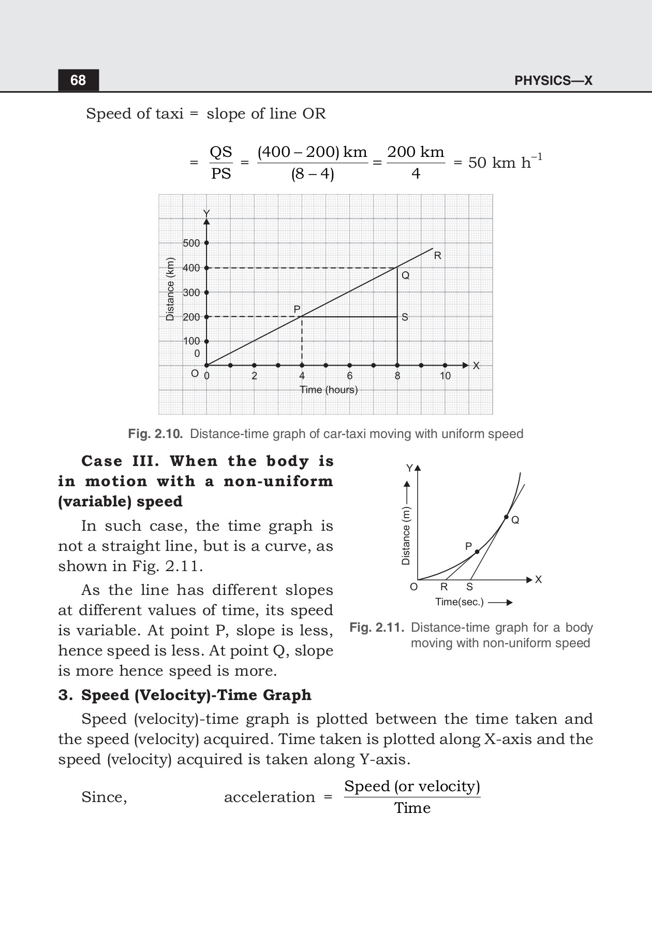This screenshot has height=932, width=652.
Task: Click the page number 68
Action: click(x=78, y=80)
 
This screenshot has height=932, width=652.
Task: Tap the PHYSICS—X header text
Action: click(x=553, y=81)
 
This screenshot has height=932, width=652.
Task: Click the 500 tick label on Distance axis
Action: click(x=191, y=243)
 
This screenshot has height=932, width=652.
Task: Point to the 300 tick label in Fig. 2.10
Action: click(x=191, y=293)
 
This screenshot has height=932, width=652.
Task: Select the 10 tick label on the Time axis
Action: click(x=445, y=376)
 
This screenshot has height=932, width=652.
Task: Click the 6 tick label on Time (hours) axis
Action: click(x=350, y=376)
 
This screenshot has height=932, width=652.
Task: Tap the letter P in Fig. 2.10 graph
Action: click(x=297, y=309)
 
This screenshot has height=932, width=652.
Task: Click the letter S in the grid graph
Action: click(x=405, y=317)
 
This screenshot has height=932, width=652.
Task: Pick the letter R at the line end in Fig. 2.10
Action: click(x=437, y=256)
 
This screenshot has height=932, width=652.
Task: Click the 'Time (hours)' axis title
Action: click(x=329, y=390)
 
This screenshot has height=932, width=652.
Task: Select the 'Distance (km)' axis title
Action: click(x=169, y=289)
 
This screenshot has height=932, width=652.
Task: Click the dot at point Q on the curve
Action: click(x=506, y=517)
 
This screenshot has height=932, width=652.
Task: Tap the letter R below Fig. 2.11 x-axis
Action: click(x=443, y=587)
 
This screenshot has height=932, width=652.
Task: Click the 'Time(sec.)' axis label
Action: click(x=459, y=602)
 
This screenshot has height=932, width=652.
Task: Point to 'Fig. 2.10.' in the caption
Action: click(x=155, y=434)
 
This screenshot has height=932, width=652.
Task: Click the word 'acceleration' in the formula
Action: click(x=269, y=797)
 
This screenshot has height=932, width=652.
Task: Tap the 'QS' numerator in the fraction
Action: click(x=221, y=152)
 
